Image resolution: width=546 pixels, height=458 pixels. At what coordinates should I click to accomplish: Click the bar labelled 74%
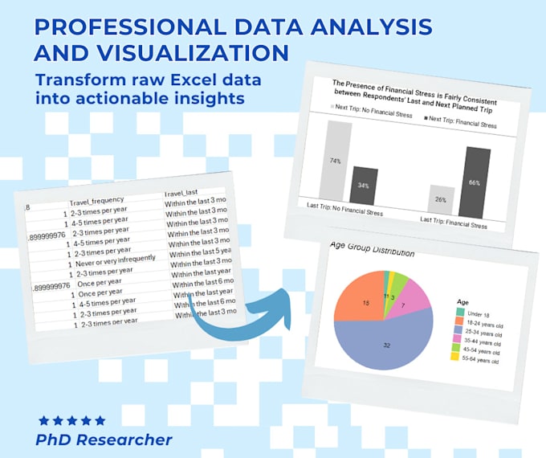(335, 161)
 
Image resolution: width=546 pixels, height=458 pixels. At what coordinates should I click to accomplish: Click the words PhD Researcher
(104, 440)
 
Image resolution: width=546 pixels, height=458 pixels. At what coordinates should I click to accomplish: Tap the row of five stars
(72, 420)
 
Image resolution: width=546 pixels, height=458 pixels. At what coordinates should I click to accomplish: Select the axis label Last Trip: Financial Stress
(454, 225)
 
